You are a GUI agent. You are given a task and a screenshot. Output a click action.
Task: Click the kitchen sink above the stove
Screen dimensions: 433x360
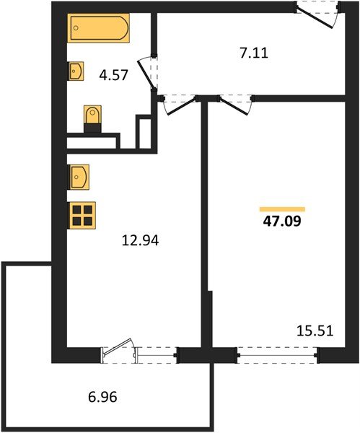pos(79,176)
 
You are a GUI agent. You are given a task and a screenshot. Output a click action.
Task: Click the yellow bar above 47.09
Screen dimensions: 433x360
pos(277,206)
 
